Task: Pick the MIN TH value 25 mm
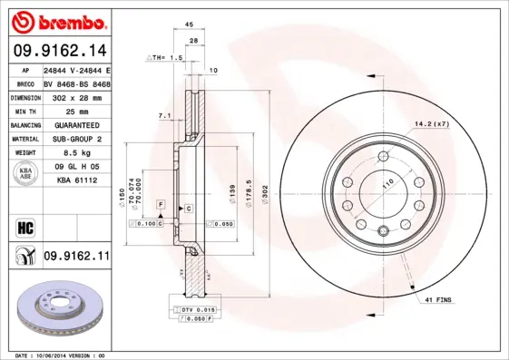pyautogui.click(x=76, y=111)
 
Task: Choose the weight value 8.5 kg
pyautogui.click(x=76, y=154)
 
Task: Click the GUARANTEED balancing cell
pyautogui.click(x=76, y=125)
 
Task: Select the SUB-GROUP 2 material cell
pyautogui.click(x=76, y=140)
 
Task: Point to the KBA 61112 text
pyautogui.click(x=76, y=181)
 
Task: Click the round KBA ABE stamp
pyautogui.click(x=26, y=174)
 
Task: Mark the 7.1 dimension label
pyautogui.click(x=164, y=116)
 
